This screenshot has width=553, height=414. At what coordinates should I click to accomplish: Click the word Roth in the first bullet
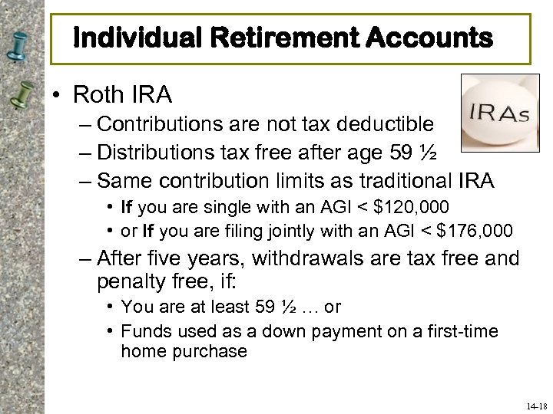(96, 95)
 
